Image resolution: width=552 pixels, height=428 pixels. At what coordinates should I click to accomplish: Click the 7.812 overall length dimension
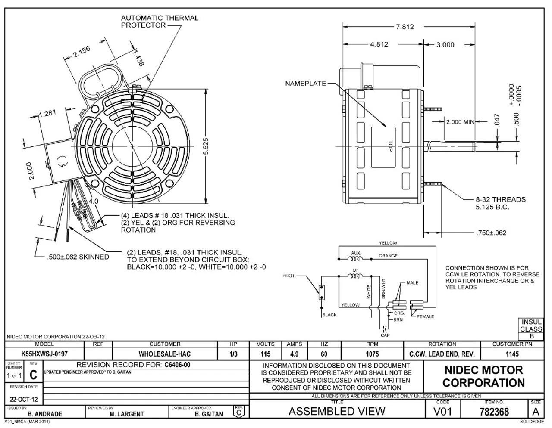point(405,27)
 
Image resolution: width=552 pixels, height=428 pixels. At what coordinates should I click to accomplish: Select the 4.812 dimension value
point(379,44)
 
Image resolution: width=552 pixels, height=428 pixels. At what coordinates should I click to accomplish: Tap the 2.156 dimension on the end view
point(82,52)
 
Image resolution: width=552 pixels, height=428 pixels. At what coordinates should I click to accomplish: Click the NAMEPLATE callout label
point(305,84)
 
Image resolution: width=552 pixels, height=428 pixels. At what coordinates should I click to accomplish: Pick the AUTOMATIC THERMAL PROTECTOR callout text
point(159,22)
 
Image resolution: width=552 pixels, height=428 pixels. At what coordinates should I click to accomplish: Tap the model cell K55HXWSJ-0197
point(44,354)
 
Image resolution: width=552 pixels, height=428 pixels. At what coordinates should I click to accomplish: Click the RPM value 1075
point(372,354)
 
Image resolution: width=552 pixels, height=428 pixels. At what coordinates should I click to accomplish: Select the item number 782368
point(494,412)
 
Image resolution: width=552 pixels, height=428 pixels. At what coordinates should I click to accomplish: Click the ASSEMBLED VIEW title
point(336,411)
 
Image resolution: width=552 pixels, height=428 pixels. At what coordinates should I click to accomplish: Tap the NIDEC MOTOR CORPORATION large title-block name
point(483,376)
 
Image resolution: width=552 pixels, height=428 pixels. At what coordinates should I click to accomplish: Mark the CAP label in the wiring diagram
point(385,335)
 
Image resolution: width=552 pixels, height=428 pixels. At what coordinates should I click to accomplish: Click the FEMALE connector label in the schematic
point(425,316)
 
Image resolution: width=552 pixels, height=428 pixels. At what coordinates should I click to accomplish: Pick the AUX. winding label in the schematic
point(356,253)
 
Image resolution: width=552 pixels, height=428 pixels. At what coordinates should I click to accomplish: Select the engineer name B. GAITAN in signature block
point(209,414)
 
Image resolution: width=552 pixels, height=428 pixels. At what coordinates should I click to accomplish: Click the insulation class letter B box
point(532,336)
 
